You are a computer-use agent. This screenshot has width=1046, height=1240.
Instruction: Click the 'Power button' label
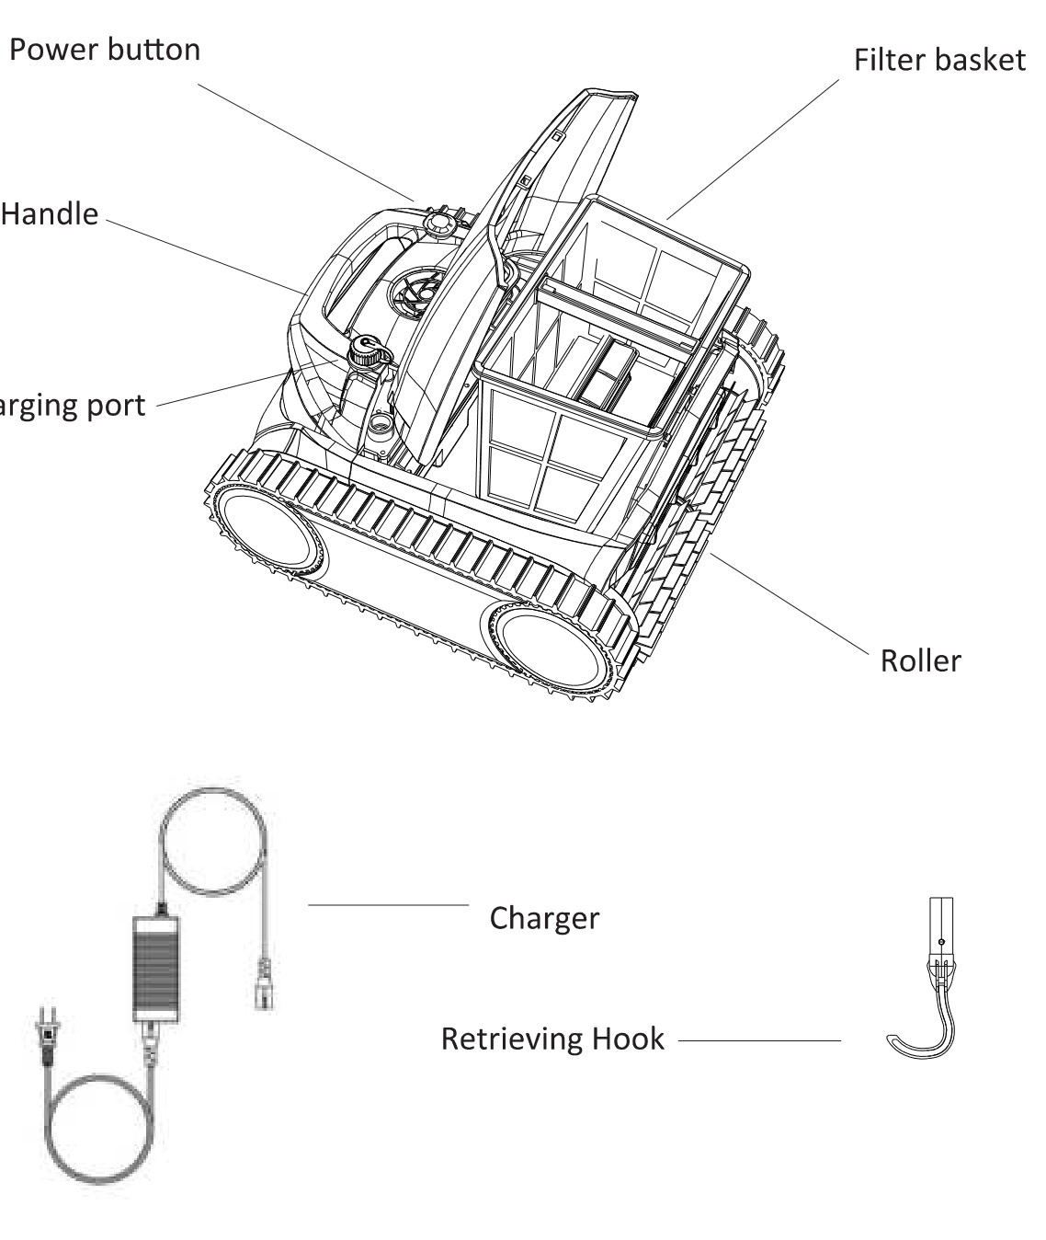coord(105,49)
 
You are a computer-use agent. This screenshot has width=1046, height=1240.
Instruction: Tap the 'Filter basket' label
coord(938,60)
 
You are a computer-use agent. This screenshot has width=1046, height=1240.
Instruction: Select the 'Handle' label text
coord(50,213)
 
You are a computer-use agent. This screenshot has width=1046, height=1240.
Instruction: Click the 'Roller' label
coord(920,660)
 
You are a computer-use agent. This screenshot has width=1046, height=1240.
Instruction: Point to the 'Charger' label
coord(544,917)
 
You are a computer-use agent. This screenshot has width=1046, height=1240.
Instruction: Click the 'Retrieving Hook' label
coord(551,1039)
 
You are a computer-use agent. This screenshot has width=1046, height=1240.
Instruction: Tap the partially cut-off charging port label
coord(72,406)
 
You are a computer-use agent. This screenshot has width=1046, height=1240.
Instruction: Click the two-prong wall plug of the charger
coord(41,1038)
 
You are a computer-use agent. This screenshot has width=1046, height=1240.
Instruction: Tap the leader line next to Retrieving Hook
coord(759,1040)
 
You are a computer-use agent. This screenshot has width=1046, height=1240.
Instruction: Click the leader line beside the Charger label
coord(388,905)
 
